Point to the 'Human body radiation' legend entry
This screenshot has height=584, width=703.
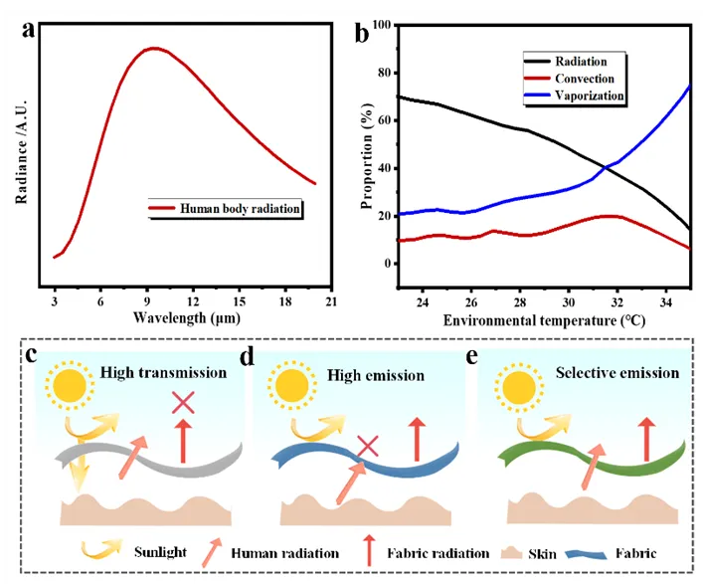pos(239,209)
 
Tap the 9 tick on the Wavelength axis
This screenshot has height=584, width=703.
pos(146,301)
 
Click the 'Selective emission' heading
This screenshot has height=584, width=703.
pos(622,373)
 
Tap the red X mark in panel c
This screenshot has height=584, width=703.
pos(183,403)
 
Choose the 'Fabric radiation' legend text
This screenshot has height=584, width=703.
pos(437,553)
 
